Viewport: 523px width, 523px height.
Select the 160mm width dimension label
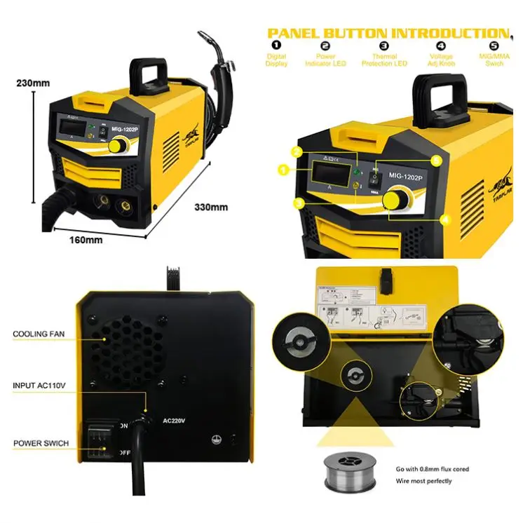86,239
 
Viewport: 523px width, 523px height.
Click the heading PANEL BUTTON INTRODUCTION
388,33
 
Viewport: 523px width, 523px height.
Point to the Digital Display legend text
276,60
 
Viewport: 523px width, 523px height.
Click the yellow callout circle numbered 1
283,169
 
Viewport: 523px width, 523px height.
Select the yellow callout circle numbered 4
444,218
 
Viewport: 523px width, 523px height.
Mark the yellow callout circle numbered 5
436,161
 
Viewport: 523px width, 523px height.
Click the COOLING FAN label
40,334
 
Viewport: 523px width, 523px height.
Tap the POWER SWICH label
41,444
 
